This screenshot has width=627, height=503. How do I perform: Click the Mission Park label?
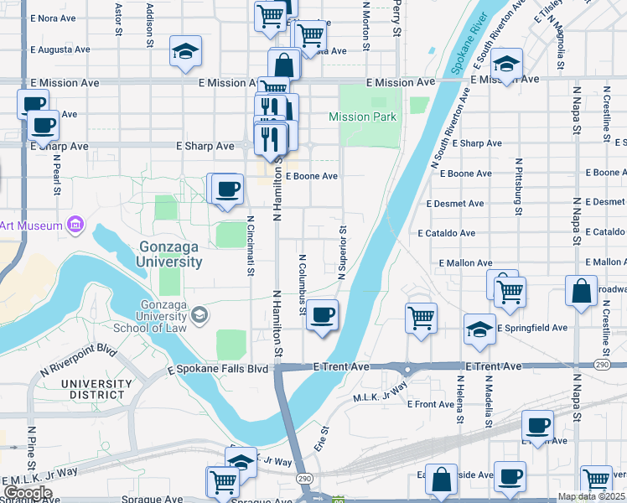[362, 117]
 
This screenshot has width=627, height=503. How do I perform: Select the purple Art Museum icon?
[75, 224]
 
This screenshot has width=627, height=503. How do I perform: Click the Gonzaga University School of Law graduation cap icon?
[199, 314]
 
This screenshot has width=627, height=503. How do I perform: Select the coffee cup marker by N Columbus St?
[323, 316]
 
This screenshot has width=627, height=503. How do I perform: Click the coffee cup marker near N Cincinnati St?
[226, 189]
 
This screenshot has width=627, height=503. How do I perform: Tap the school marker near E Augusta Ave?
[184, 51]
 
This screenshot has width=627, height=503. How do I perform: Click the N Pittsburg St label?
[520, 186]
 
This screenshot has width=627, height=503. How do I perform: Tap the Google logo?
[28, 493]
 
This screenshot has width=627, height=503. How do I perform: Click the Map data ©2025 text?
[592, 496]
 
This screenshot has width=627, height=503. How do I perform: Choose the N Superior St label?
[342, 251]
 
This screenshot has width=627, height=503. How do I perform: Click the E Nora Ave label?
[59, 18]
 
